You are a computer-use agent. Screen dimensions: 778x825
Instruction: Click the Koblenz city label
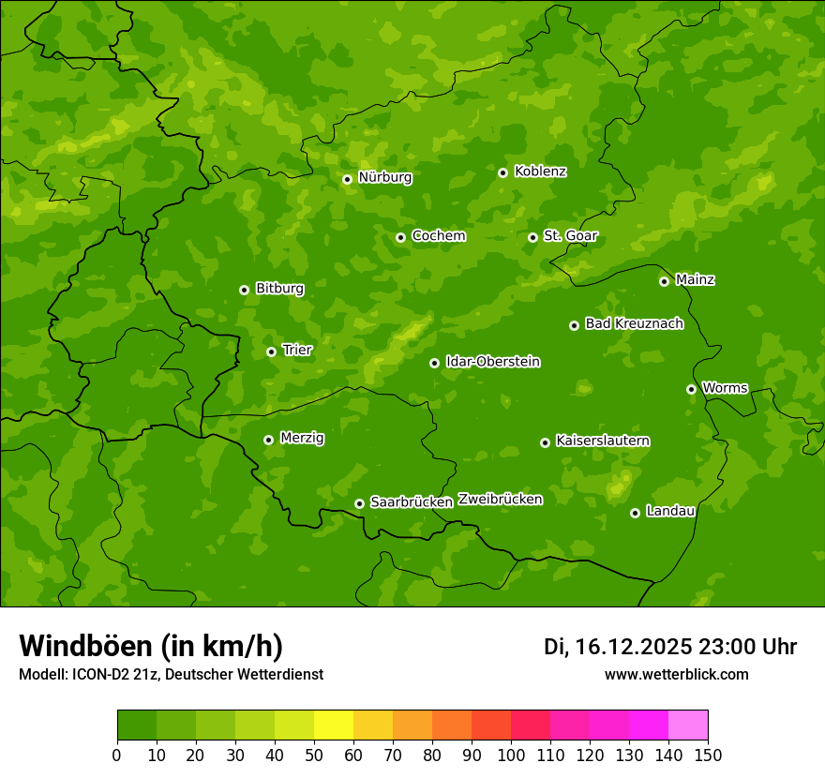(x=540, y=172)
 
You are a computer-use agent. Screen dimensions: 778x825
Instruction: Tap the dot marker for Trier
(x=271, y=352)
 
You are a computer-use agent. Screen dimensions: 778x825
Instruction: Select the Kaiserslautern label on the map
(x=603, y=441)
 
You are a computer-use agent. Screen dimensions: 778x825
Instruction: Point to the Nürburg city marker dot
(x=347, y=179)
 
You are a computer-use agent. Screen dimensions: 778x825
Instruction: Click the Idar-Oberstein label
(x=492, y=362)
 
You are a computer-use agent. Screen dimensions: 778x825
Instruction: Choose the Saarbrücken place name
(x=412, y=502)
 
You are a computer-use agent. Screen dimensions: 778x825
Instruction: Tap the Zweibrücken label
(x=500, y=500)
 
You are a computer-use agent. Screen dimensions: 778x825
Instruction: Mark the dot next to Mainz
(x=664, y=281)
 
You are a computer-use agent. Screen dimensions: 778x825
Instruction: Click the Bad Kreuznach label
(x=634, y=323)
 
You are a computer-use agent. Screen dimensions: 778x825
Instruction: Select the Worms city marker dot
(x=691, y=389)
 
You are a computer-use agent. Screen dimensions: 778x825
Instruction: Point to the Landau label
(x=670, y=511)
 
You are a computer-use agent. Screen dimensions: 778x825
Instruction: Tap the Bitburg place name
(x=279, y=289)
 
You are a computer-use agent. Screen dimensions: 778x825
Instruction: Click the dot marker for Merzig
(x=268, y=440)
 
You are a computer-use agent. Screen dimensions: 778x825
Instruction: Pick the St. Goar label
(x=570, y=235)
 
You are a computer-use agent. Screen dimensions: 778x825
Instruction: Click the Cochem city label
(x=438, y=235)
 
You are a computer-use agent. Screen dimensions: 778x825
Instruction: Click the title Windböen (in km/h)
(x=151, y=646)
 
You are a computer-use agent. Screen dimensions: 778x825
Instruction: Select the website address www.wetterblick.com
(x=676, y=674)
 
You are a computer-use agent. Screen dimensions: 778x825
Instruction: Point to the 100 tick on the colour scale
(x=511, y=755)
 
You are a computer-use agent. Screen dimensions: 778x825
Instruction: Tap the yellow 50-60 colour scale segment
(x=334, y=726)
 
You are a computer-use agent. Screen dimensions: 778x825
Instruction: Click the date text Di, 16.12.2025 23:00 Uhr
(x=669, y=647)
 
